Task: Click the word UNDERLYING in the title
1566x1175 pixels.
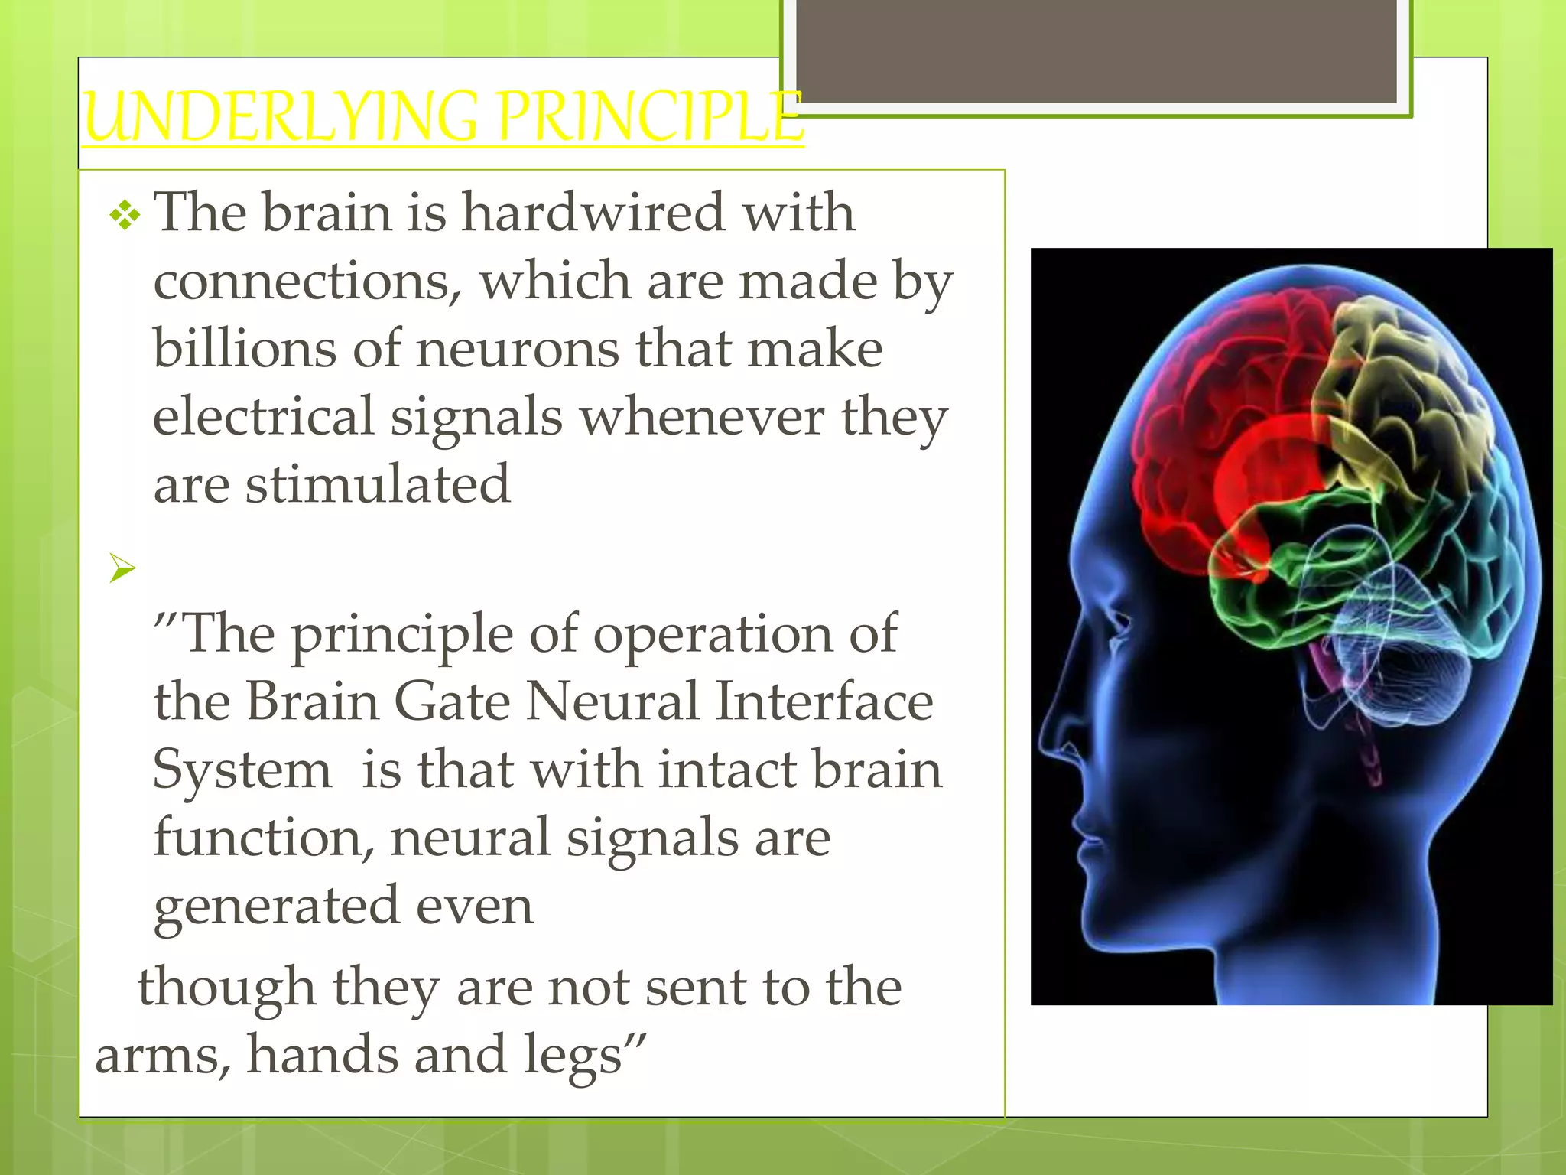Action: [x=283, y=117]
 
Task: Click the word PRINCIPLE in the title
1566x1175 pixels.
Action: [x=650, y=117]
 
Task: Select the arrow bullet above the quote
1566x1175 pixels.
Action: [x=122, y=568]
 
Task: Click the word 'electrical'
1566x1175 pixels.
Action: [x=263, y=418]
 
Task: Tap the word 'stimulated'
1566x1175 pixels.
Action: [x=377, y=485]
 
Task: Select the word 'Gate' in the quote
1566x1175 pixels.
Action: [x=452, y=701]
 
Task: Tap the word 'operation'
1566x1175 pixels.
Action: [x=713, y=634]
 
